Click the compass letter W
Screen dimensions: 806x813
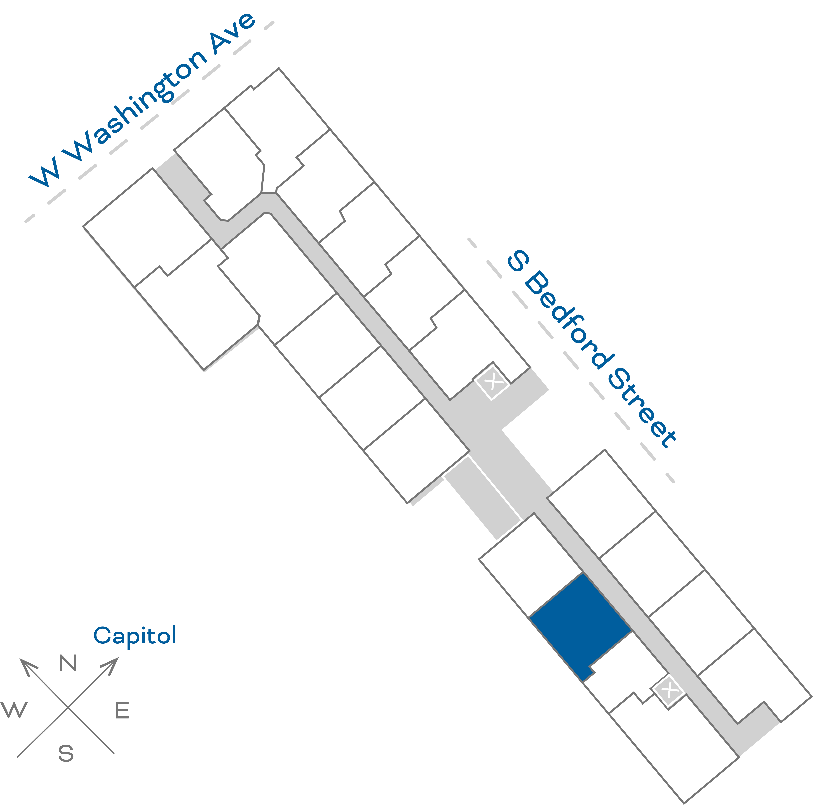14,710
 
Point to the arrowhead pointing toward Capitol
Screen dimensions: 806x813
112,665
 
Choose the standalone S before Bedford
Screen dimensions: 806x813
518,261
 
